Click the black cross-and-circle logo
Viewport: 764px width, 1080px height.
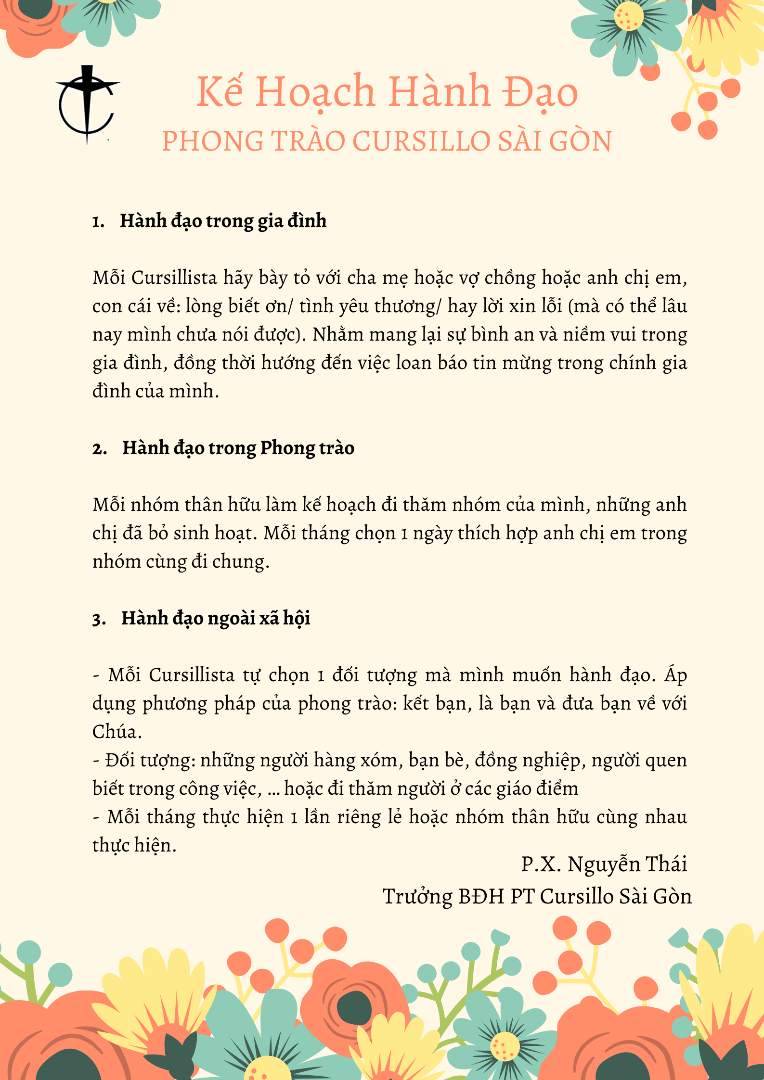(87, 103)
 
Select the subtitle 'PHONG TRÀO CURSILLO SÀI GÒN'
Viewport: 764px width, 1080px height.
(387, 141)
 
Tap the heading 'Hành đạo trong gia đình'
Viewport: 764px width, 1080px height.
(223, 221)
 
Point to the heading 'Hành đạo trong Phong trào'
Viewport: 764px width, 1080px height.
(238, 448)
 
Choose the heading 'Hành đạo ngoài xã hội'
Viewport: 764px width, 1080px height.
(216, 618)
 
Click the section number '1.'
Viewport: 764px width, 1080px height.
(98, 222)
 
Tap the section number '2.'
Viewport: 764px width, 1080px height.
(100, 449)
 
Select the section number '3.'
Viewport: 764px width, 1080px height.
(99, 619)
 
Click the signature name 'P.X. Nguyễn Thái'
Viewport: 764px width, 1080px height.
(604, 864)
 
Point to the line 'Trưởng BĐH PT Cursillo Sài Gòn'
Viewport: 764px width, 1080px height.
(537, 897)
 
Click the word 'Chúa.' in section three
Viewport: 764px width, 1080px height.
(117, 732)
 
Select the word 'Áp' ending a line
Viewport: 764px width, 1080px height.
(675, 675)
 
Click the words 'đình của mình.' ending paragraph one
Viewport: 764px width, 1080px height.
(155, 391)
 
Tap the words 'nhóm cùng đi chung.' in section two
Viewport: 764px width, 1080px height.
(181, 562)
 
